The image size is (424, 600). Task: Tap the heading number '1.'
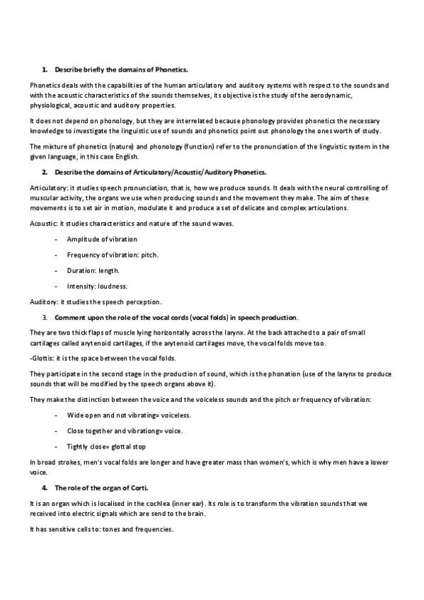45,70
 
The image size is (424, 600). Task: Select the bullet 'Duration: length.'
93,270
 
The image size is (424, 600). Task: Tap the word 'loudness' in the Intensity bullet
112,286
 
